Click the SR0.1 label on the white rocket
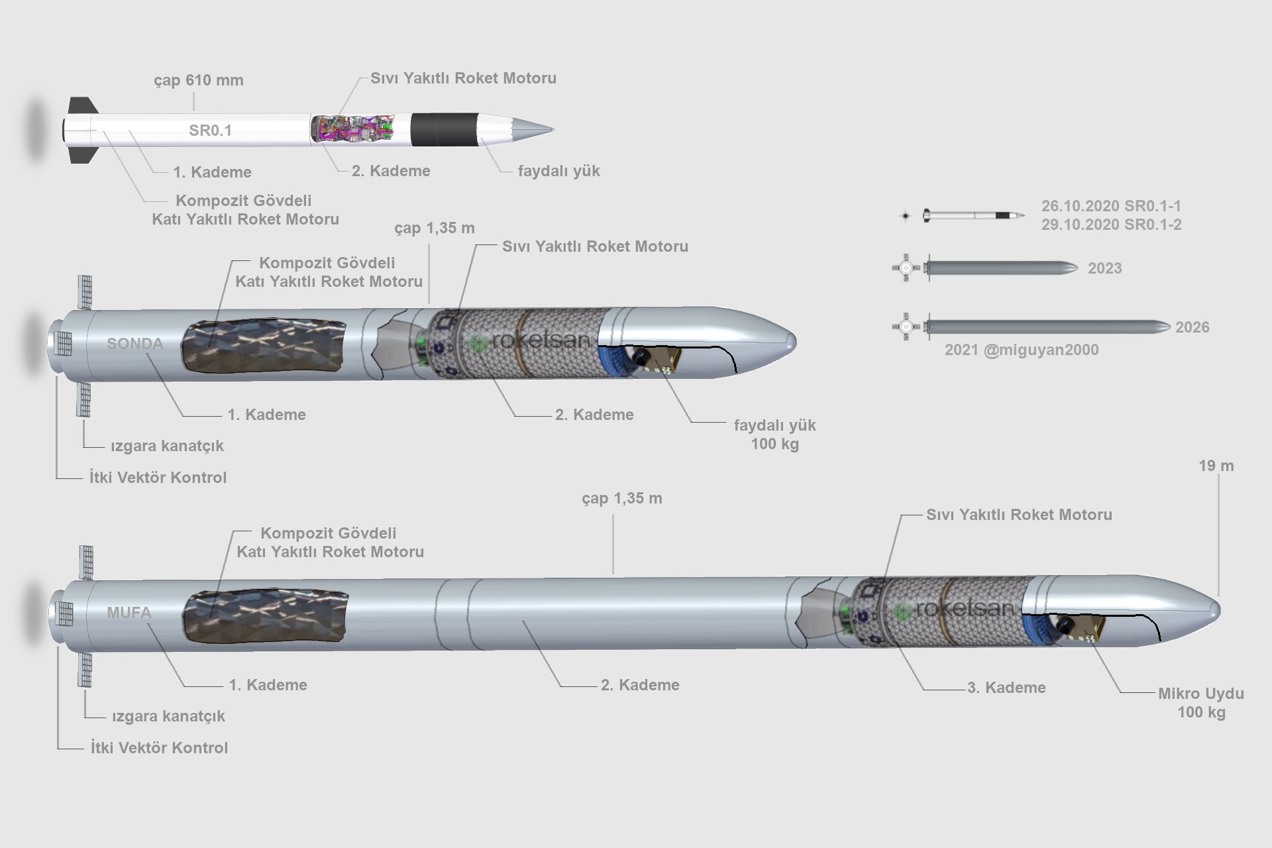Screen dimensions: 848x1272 210,131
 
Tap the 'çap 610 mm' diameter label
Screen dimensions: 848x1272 199,80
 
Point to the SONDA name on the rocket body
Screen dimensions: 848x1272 135,343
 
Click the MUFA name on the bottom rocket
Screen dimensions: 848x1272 129,613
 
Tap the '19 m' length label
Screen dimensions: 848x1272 1216,466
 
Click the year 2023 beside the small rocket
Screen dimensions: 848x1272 1104,268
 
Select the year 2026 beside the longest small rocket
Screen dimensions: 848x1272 1192,327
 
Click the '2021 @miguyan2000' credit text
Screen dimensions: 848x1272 1021,350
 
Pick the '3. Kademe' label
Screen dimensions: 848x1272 1006,688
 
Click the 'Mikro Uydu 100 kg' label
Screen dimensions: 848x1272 1200,703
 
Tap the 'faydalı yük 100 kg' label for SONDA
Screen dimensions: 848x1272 774,435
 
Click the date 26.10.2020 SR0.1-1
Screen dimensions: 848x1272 1111,206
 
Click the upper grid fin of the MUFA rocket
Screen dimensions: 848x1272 86,562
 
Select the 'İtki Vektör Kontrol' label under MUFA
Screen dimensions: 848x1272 159,748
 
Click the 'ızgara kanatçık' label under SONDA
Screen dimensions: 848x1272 167,446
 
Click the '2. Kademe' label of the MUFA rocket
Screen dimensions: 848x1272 640,685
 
